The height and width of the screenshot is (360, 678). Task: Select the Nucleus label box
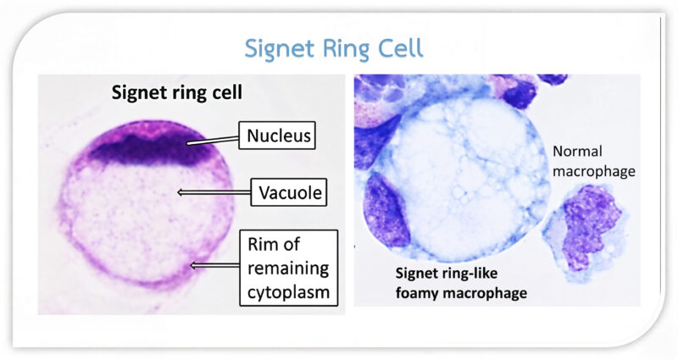pos(277,135)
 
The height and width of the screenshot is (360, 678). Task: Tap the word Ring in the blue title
pos(343,48)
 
